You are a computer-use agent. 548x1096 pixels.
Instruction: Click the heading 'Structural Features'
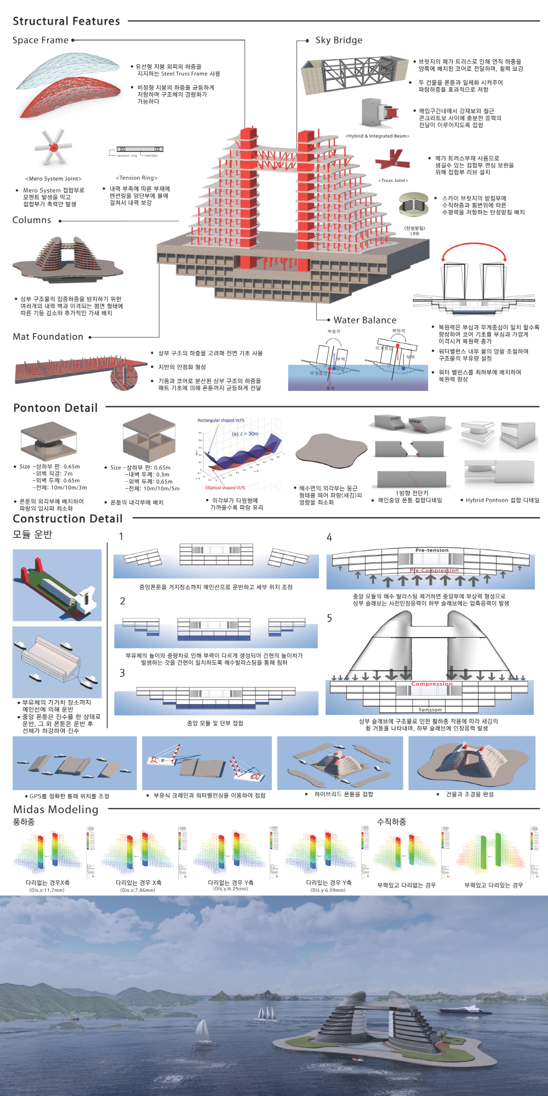click(66, 21)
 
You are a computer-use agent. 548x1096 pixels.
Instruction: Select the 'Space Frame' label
click(41, 40)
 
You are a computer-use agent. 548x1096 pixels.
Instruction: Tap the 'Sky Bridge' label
click(339, 40)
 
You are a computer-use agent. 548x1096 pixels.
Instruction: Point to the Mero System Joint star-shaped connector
click(53, 147)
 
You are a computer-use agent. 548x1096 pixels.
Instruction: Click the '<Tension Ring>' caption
click(136, 178)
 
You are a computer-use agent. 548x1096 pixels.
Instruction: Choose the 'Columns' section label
click(32, 220)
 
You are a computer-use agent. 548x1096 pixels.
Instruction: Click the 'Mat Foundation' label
click(48, 337)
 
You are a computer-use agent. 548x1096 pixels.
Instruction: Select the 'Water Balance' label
click(365, 320)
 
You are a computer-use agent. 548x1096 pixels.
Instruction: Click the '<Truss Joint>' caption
click(393, 180)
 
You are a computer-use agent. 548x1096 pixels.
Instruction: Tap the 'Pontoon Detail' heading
click(55, 408)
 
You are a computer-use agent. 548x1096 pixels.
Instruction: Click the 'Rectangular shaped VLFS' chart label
click(221, 421)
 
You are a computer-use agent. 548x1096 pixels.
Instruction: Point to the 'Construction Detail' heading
click(67, 519)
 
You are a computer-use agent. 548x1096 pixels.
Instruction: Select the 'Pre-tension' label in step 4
click(432, 550)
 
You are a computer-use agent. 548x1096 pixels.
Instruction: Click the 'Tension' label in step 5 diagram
click(430, 709)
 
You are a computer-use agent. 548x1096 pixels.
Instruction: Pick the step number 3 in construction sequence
click(122, 673)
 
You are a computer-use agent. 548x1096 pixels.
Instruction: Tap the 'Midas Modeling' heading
click(55, 809)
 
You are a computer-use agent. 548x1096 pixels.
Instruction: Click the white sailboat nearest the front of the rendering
click(203, 1030)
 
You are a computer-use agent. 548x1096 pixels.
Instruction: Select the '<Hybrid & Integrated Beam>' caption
click(377, 136)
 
